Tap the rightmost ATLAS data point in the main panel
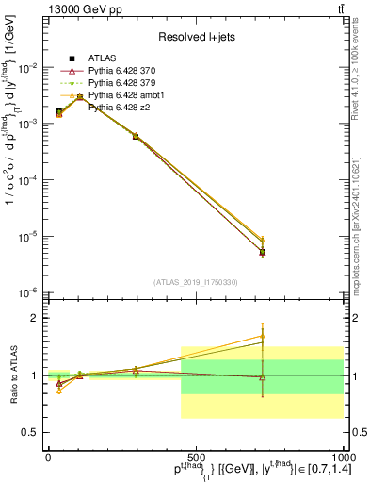(x=263, y=252)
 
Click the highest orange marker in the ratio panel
(x=263, y=336)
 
